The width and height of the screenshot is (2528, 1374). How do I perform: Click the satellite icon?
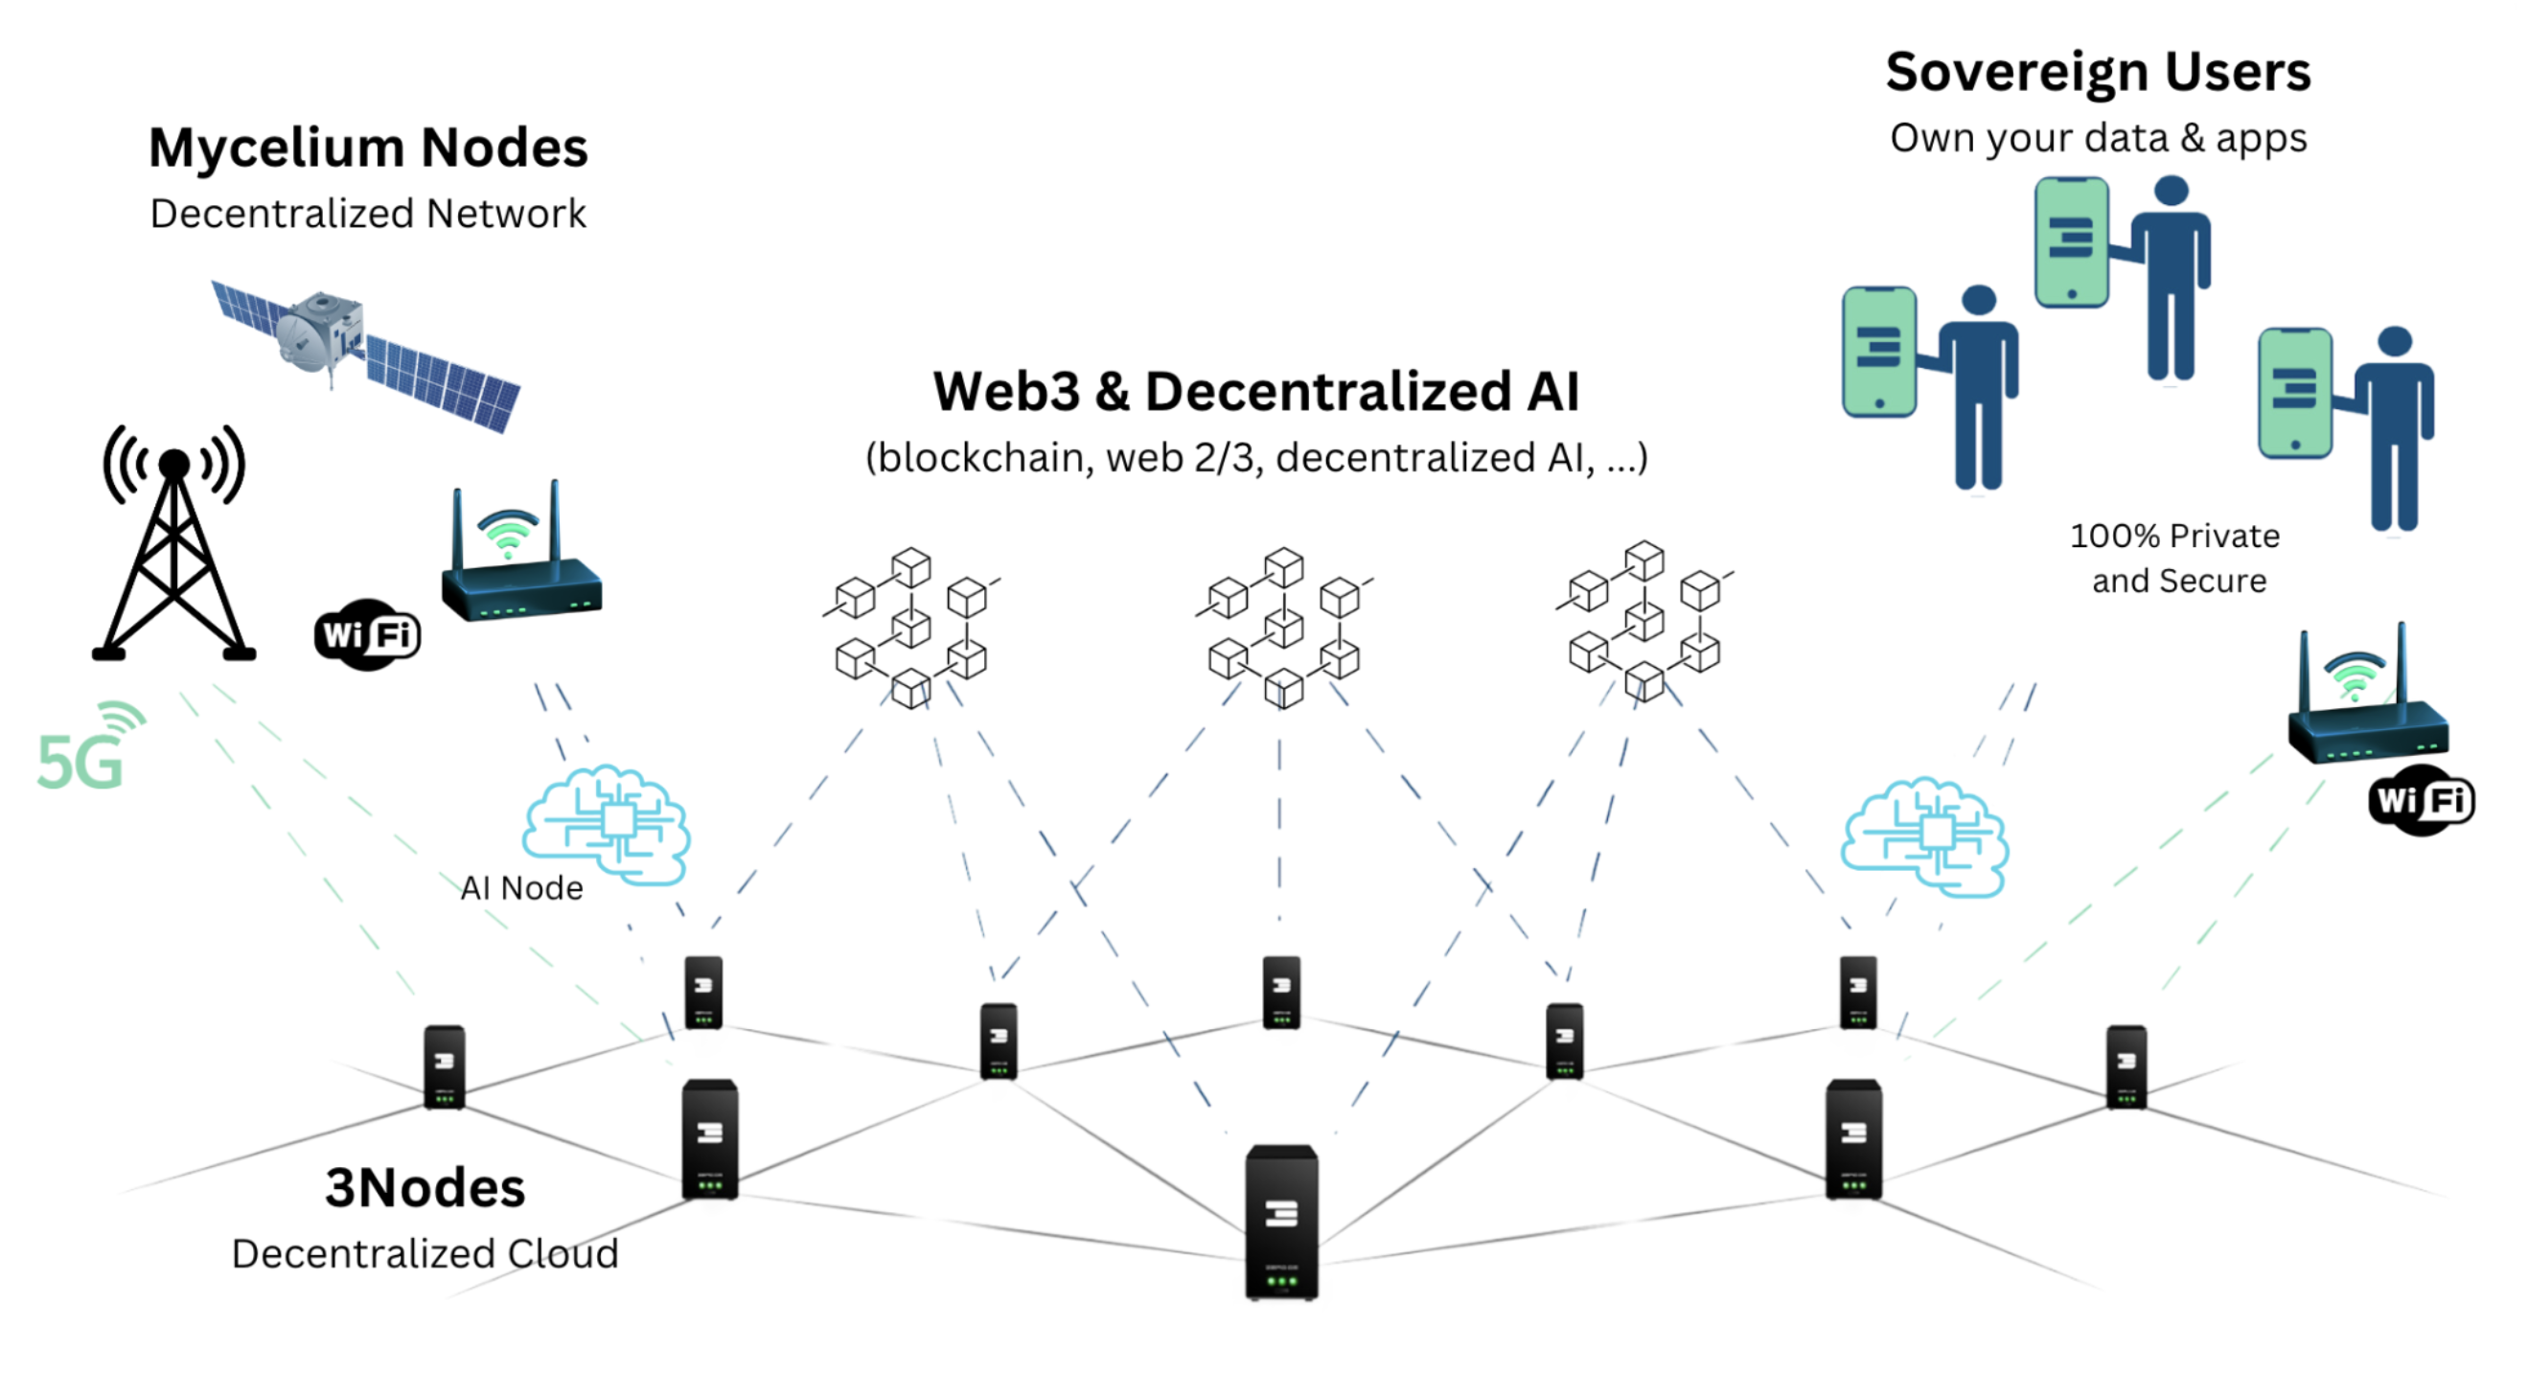pos(365,355)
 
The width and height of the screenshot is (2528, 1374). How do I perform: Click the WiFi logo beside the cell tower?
pos(367,635)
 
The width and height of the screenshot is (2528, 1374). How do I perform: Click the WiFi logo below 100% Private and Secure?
pos(2421,801)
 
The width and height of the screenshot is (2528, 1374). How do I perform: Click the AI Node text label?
pos(522,888)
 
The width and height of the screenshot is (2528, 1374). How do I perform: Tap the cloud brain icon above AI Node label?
pos(608,824)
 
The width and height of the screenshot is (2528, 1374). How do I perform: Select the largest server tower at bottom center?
pos(1281,1223)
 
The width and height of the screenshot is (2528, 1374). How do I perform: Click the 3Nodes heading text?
pos(425,1187)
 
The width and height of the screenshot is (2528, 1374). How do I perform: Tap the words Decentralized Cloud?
pos(425,1253)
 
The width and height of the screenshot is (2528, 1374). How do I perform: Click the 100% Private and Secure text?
pos(2176,559)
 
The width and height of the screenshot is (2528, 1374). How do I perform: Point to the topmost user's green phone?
pos(2071,242)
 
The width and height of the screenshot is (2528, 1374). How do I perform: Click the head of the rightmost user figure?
pos(2396,340)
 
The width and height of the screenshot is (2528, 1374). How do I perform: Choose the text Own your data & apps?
pos(2098,138)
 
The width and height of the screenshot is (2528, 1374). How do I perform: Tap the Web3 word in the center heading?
pos(1006,392)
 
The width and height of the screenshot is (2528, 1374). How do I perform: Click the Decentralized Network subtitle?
pos(368,214)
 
